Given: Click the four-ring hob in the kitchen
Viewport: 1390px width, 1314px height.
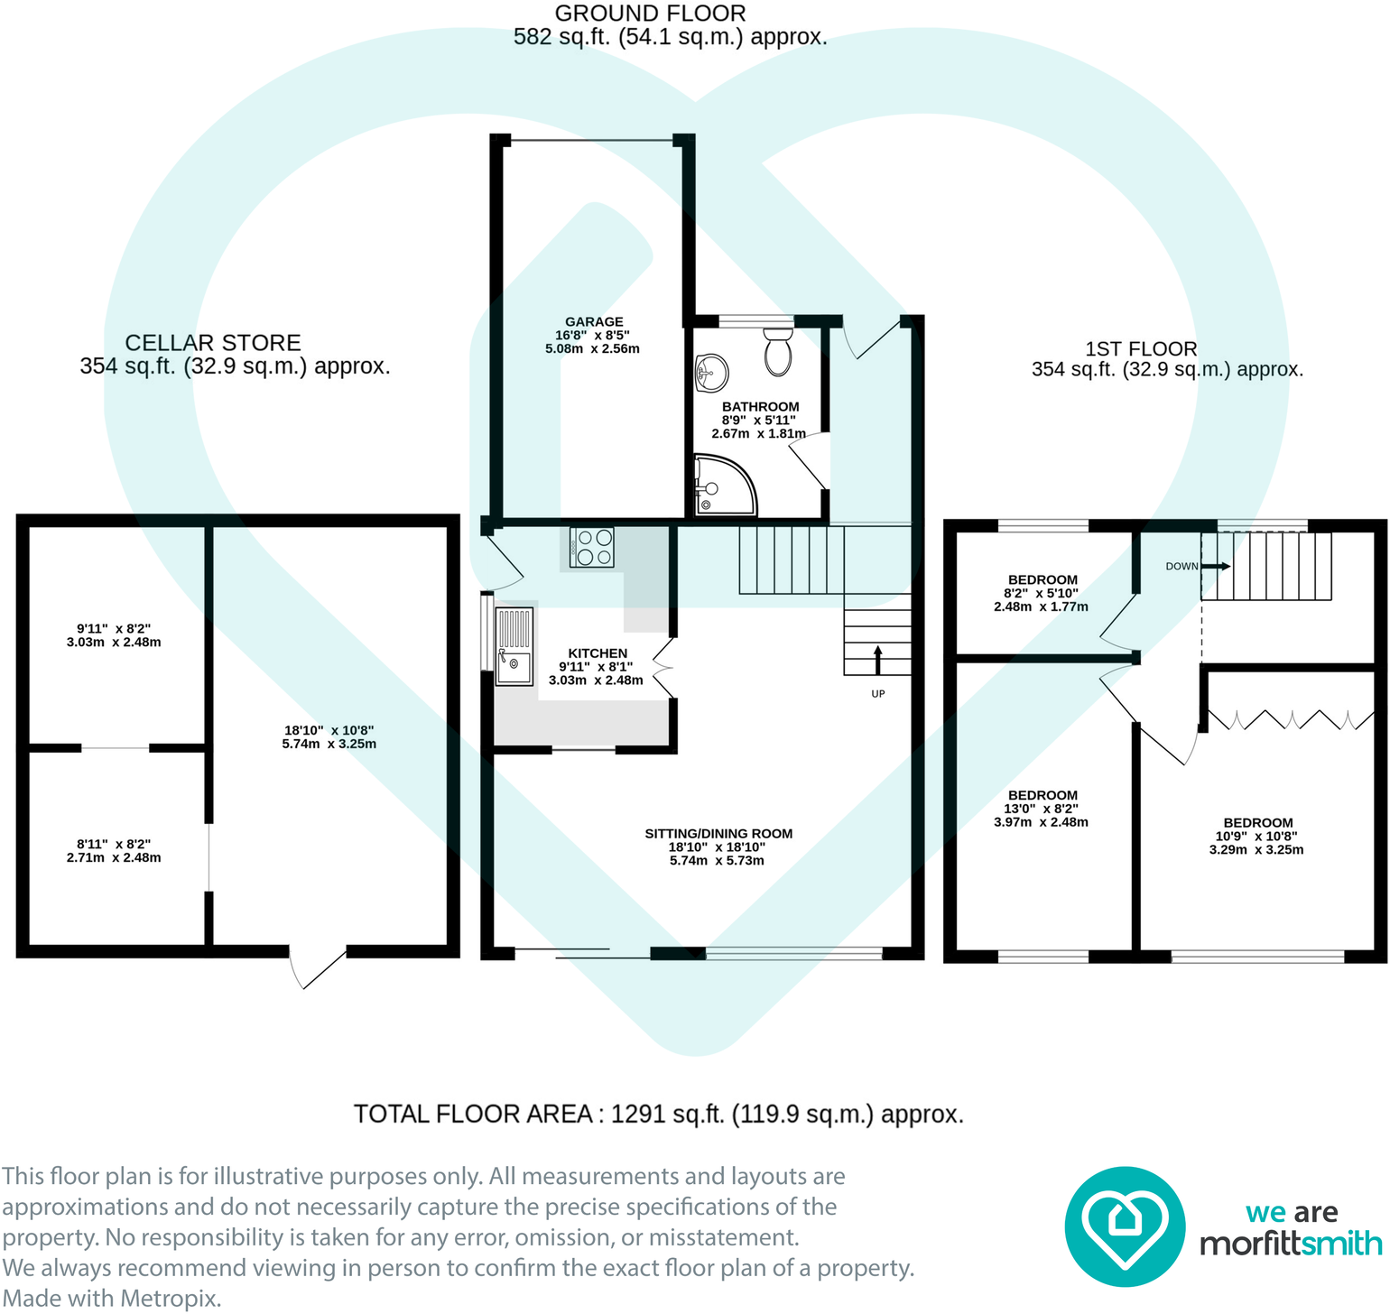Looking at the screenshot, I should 592,547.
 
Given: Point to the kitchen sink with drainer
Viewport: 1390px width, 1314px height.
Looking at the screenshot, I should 514,646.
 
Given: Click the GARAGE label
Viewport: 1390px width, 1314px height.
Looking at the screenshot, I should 594,322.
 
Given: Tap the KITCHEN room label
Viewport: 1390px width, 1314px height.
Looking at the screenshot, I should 598,653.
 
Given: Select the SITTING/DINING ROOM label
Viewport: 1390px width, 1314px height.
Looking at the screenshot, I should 718,834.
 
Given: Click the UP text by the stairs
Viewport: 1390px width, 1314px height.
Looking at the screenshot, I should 878,694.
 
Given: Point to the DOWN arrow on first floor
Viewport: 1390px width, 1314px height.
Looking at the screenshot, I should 1215,566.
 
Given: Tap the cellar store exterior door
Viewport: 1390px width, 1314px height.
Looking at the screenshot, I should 317,967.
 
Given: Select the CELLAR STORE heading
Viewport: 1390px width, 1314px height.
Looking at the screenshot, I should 213,343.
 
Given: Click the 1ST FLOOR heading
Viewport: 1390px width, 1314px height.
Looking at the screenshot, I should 1141,349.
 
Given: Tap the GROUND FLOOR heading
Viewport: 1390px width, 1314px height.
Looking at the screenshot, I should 650,14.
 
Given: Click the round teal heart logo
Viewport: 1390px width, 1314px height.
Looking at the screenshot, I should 1125,1226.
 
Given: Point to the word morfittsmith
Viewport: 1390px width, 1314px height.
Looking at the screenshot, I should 1291,1245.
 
